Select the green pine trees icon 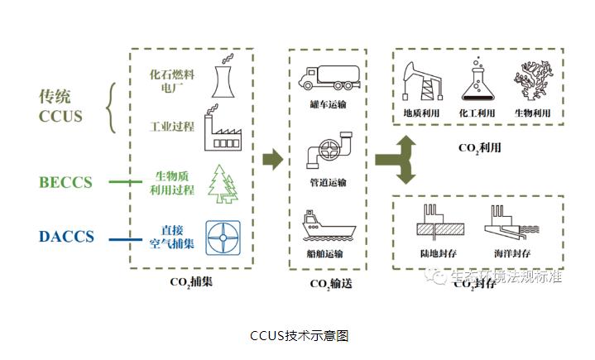point(222,183)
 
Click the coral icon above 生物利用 point(529,80)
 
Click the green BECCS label point(65,182)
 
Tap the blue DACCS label point(66,238)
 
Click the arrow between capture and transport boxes point(271,160)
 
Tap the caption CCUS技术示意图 point(299,336)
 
